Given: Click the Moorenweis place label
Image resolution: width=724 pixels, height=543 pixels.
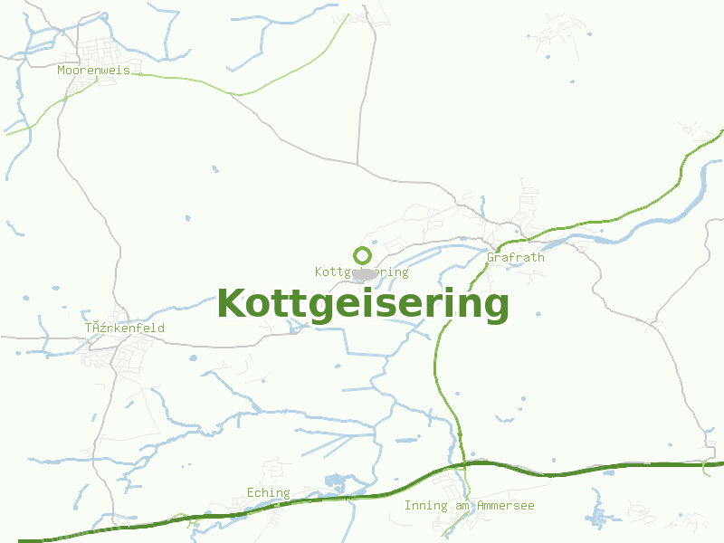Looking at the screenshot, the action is coord(93,70).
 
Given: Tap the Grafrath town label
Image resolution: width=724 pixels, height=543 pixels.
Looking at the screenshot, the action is coord(516,257).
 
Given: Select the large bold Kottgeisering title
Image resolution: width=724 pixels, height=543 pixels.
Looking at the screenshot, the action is coord(363,303).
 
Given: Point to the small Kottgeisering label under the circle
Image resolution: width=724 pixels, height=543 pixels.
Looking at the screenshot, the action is coord(362,271).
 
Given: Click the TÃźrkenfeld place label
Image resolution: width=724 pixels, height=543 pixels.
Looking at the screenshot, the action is coord(124,328).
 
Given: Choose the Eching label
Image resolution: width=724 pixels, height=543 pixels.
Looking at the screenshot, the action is coord(269,493).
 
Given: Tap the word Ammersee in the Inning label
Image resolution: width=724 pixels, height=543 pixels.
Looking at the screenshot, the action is coord(505,505).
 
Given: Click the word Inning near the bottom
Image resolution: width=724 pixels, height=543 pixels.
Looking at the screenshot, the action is coord(424,505).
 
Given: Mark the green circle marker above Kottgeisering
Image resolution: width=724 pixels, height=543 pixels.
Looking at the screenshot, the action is coord(362,255).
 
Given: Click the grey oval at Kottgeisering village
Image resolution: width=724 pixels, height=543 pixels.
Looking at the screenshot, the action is coord(366,273).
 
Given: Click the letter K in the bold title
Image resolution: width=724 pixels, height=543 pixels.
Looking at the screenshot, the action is coord(232,303).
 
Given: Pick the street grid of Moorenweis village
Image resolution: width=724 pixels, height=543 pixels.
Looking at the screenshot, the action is coord(100,50).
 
